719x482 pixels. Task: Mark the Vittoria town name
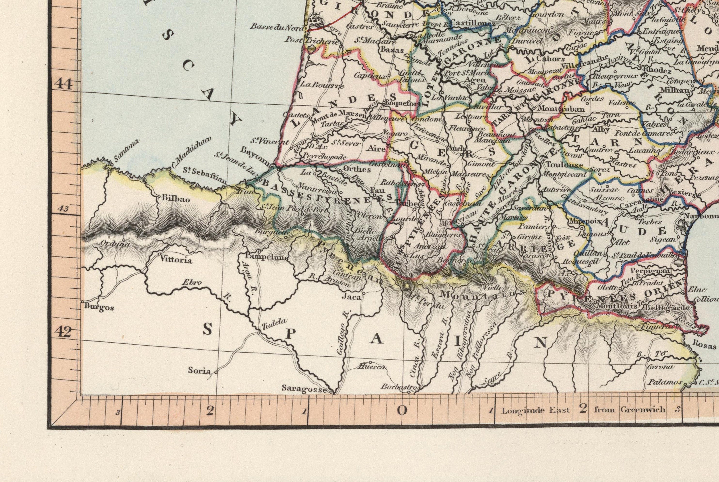tap(177, 260)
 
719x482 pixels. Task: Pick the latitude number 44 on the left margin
tap(65, 84)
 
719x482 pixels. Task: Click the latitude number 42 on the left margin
tap(65, 332)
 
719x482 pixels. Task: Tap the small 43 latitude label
tap(63, 209)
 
